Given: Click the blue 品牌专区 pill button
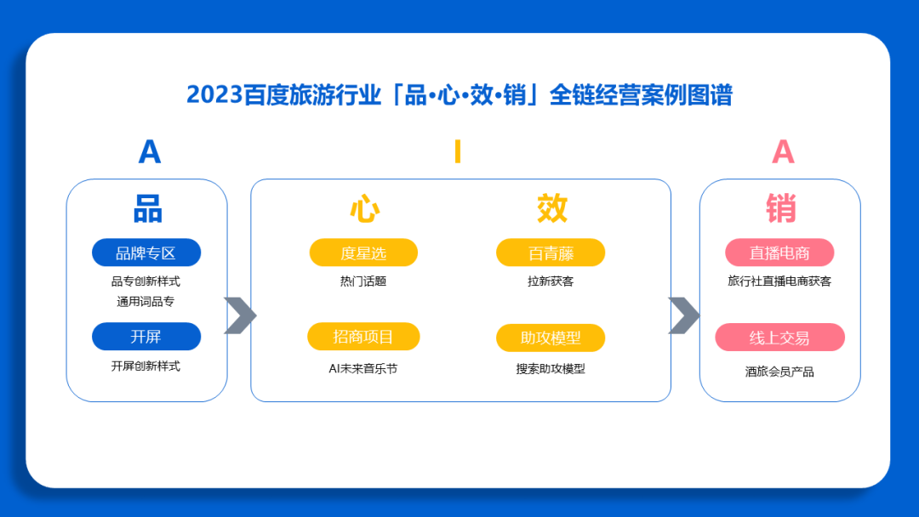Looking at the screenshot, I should coord(146,253).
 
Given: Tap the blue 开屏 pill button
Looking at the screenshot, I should coord(146,337).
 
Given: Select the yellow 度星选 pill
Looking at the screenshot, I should coord(363,253).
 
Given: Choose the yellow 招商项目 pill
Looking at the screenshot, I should coord(363,337).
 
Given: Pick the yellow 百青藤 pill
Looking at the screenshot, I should coord(551,253).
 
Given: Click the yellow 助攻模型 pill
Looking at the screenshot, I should coord(551,338).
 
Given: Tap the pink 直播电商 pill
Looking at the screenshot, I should coord(779,253).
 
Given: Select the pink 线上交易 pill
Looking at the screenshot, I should coord(779,338).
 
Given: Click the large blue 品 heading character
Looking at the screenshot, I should coord(148,208).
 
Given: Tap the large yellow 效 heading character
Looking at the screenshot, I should coord(551,208).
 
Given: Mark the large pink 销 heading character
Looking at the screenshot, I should coord(781,208).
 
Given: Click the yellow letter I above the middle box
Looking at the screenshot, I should coord(458,152).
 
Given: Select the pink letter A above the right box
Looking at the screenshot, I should coord(783,152).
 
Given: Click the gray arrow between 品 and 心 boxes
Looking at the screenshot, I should coord(240,315).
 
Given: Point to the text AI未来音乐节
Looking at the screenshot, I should coord(363,368).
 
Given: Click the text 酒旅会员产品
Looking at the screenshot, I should coord(779,372).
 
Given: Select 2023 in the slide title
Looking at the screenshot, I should coord(214,94).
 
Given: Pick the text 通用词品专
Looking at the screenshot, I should coord(146,301).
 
